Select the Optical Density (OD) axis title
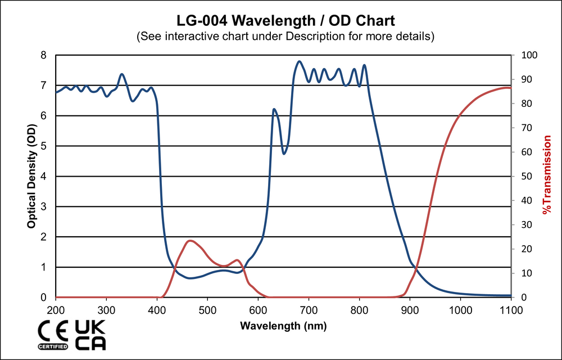[x=32, y=176]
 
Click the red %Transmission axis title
[x=546, y=176]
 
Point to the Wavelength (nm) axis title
[x=283, y=325]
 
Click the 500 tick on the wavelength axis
[x=207, y=310]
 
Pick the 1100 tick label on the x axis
[x=510, y=310]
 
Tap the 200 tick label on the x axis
[x=56, y=310]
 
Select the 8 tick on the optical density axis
[x=44, y=55]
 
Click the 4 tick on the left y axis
[x=44, y=176]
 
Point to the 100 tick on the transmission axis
[x=531, y=55]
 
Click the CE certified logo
[x=52, y=335]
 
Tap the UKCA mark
[x=90, y=335]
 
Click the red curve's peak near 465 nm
[x=191, y=241]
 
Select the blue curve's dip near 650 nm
[x=284, y=154]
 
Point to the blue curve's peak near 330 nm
[x=122, y=74]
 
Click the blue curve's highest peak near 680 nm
[x=299, y=61]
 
